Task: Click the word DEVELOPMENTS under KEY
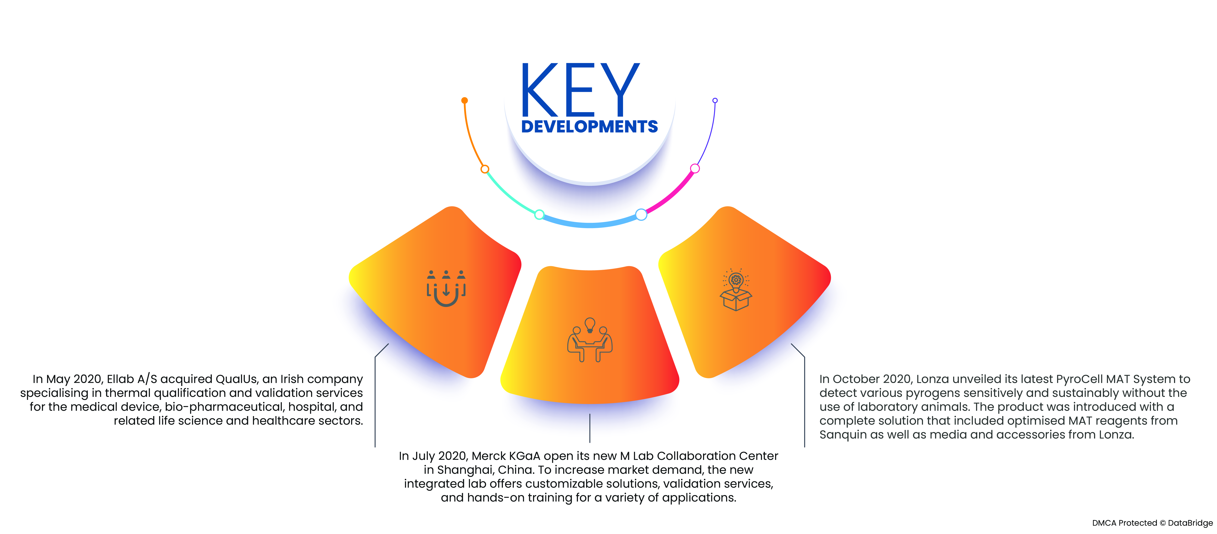(x=589, y=126)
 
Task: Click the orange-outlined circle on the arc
(x=485, y=169)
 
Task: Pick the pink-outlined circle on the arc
(x=694, y=169)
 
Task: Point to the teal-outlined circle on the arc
(x=539, y=214)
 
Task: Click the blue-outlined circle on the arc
(x=641, y=214)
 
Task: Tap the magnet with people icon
(x=446, y=288)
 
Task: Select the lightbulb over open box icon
(x=736, y=289)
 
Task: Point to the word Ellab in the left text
(x=120, y=379)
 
